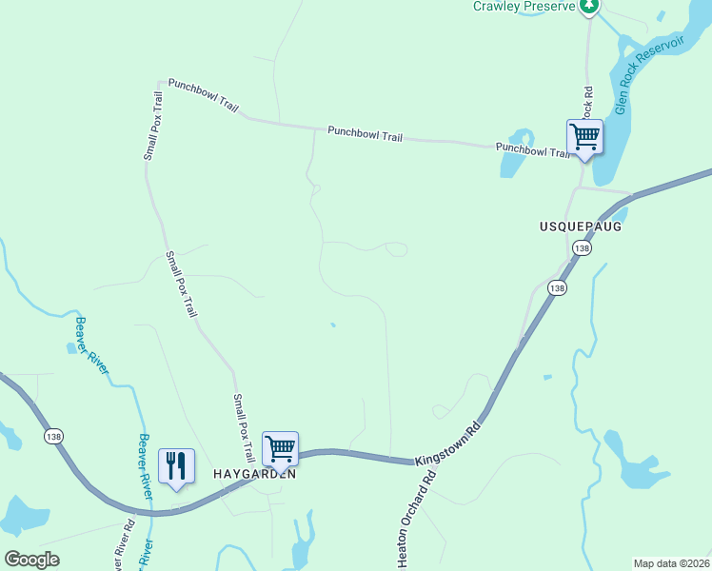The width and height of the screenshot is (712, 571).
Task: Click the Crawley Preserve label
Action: pyautogui.click(x=525, y=7)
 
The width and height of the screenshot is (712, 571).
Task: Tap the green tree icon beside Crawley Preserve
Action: pyautogui.click(x=590, y=7)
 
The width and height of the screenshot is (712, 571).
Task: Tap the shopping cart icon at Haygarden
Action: pyautogui.click(x=280, y=448)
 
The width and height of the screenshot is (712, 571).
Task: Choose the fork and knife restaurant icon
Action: pyautogui.click(x=176, y=466)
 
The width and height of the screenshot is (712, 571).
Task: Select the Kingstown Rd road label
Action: pyautogui.click(x=448, y=447)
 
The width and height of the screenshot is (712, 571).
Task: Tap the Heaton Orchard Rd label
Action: pyautogui.click(x=417, y=520)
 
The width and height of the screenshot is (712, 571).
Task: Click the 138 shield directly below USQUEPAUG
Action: pyautogui.click(x=581, y=247)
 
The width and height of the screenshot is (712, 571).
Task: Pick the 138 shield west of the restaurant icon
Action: pyautogui.click(x=54, y=435)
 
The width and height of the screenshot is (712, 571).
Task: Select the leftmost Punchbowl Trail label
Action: pyautogui.click(x=203, y=96)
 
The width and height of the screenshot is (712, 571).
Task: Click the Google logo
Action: pyautogui.click(x=31, y=560)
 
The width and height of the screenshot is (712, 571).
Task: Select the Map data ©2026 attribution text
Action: pyautogui.click(x=672, y=563)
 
